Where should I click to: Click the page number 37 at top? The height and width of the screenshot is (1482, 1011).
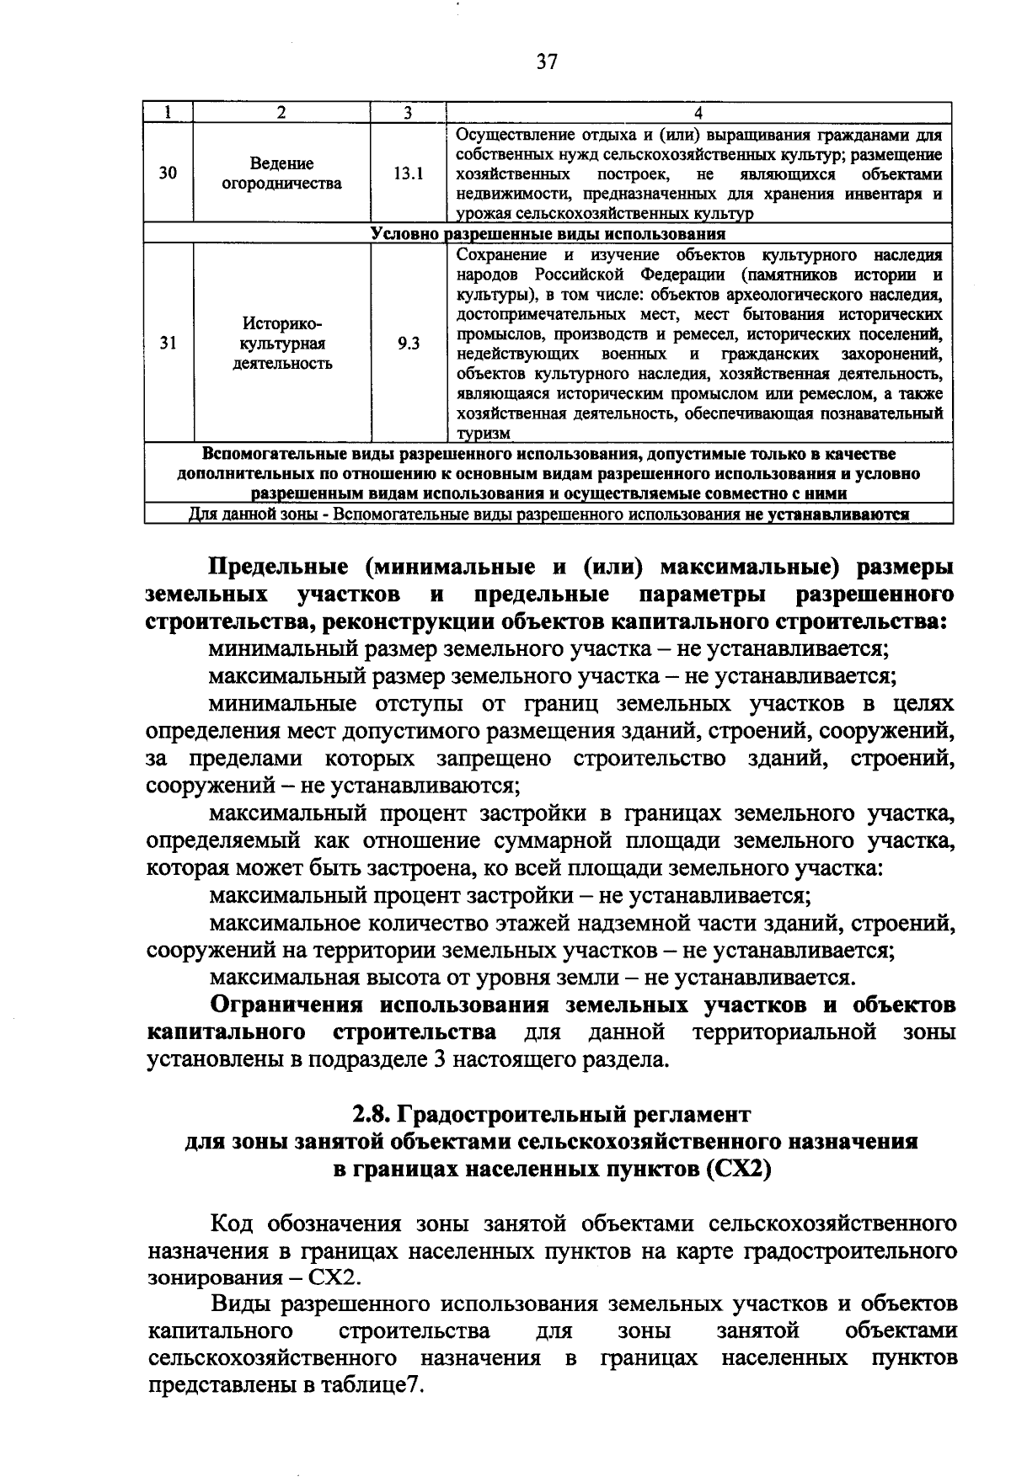tap(546, 62)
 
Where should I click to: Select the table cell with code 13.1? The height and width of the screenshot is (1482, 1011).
tap(408, 173)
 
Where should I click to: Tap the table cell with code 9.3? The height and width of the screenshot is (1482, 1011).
tap(408, 344)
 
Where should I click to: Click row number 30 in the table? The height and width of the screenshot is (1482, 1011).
tap(168, 173)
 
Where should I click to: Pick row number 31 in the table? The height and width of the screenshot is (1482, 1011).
tap(168, 344)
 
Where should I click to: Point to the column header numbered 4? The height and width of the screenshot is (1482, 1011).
tap(698, 113)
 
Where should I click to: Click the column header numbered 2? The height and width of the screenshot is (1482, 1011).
tap(281, 113)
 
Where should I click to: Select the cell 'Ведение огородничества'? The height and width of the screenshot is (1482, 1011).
tap(281, 173)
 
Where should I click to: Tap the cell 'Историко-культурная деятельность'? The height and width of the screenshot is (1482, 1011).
tap(281, 344)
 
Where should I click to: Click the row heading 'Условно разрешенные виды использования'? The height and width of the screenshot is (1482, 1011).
tap(548, 233)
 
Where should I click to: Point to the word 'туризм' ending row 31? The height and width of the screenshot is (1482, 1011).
tap(483, 434)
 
